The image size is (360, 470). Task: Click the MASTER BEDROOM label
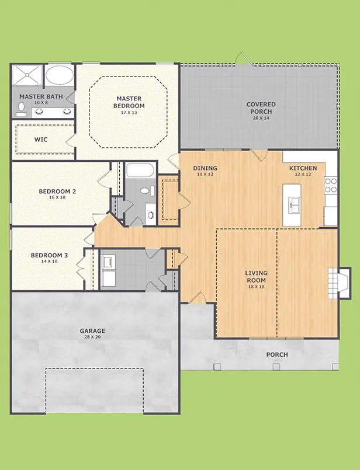coord(129,102)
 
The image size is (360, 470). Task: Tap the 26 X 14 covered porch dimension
coord(261,118)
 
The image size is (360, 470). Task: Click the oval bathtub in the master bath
coord(60,75)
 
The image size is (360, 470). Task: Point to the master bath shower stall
coord(27,75)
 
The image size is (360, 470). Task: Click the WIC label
coord(41,140)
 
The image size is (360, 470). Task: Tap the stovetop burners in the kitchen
coord(331,185)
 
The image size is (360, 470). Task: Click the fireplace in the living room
coord(340,283)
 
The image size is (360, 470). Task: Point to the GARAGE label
coord(92,331)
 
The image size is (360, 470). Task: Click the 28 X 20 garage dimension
coord(92,337)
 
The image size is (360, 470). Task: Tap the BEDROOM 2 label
coord(57,192)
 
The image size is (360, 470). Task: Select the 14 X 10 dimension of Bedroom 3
coord(49,262)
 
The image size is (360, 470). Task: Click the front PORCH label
coord(277,354)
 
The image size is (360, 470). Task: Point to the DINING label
coord(205,168)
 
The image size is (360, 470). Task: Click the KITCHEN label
coord(303,168)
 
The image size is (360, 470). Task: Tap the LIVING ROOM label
coord(256,277)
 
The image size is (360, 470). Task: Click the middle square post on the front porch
coord(276,367)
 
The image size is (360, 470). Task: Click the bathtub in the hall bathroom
coord(140,170)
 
